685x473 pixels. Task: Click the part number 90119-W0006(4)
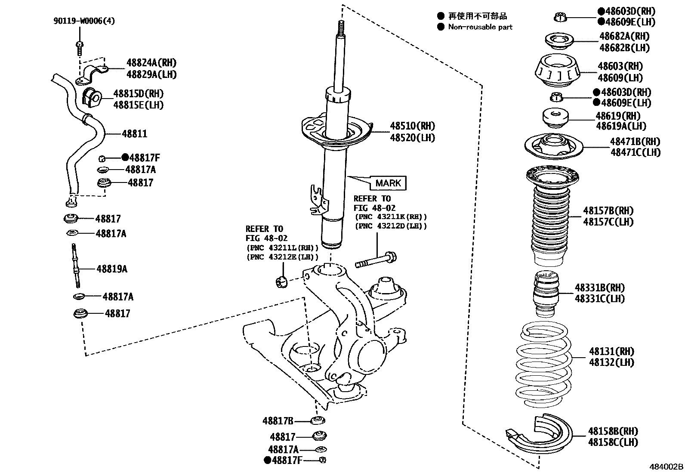(x=84, y=21)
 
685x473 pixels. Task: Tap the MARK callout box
(x=388, y=183)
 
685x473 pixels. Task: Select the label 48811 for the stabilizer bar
(x=134, y=134)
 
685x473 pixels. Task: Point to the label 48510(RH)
(x=412, y=126)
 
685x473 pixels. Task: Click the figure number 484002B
(x=666, y=467)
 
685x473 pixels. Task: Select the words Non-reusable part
(x=480, y=27)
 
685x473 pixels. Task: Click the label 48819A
(x=111, y=269)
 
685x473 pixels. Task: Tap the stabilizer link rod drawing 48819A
(x=75, y=266)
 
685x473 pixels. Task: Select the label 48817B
(x=278, y=420)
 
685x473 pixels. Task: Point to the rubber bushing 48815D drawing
(x=91, y=98)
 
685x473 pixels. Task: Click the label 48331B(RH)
(x=599, y=288)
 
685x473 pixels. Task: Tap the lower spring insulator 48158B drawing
(x=540, y=435)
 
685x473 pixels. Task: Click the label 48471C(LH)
(x=635, y=152)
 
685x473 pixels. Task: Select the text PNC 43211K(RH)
(x=391, y=217)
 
